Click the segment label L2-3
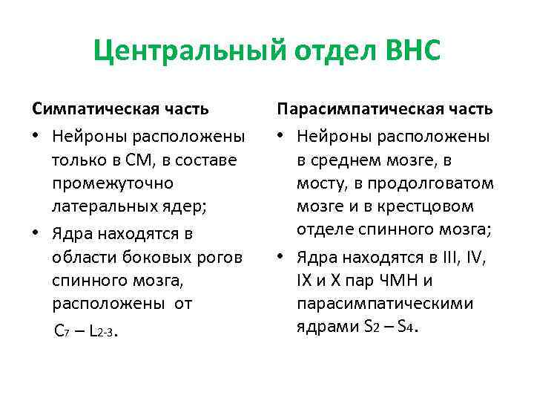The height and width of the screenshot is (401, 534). click(x=101, y=331)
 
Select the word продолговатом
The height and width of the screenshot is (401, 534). click(x=438, y=183)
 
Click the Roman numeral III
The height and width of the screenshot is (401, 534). click(x=448, y=258)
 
